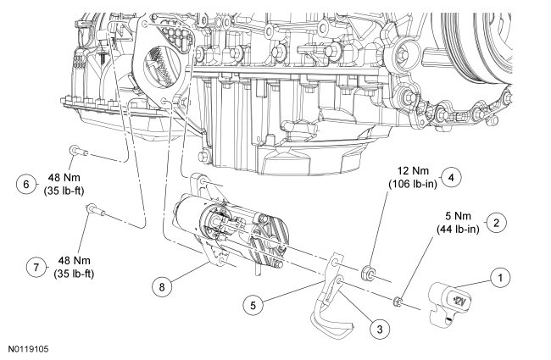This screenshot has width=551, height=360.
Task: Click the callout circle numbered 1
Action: click(500, 276)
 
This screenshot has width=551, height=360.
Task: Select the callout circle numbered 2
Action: click(498, 223)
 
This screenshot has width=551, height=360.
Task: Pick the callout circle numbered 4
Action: click(453, 178)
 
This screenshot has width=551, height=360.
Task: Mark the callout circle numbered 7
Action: click(36, 268)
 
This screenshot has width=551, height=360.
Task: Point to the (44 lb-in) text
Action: click(457, 229)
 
